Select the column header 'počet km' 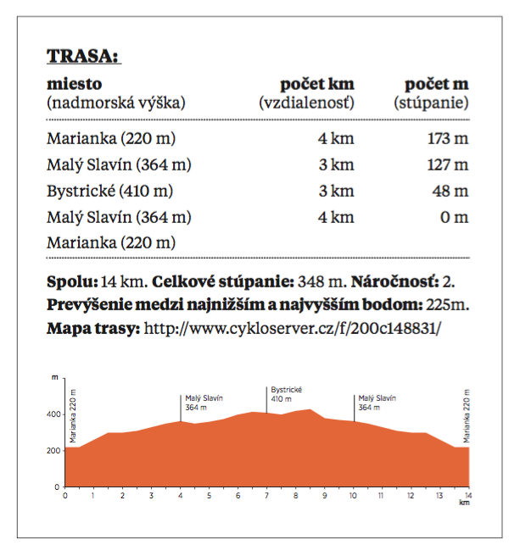[317, 85]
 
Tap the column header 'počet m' [437, 85]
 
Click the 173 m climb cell [448, 138]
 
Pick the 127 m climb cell [448, 164]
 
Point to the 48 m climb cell [450, 191]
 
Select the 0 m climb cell [455, 217]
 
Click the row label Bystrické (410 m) [110, 192]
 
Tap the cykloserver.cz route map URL [292, 328]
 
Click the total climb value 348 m [322, 282]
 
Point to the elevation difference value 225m [447, 304]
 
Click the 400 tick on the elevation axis [53, 414]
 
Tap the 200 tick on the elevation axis [53, 451]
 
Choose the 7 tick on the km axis [266, 495]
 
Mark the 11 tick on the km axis [381, 495]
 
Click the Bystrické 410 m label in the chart [287, 394]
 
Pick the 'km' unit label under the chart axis [464, 503]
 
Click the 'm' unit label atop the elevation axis [54, 377]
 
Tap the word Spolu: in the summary [72, 282]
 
